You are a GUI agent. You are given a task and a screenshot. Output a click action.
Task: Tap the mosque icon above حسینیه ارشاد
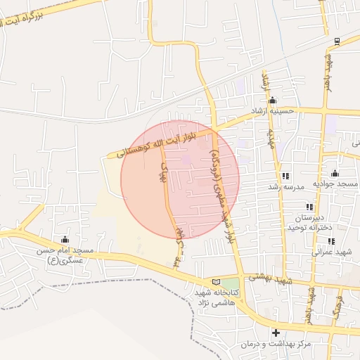(273, 100)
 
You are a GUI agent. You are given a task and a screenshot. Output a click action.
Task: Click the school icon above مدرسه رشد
(285, 176)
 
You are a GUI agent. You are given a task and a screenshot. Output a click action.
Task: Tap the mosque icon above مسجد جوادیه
(335, 174)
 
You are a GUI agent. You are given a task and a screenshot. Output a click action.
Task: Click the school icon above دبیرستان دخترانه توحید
(308, 207)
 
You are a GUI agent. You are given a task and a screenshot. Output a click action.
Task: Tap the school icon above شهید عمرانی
(330, 241)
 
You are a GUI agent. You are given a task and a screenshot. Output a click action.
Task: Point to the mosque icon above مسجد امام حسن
(65, 240)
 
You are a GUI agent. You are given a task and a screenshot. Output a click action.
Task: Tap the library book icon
(216, 281)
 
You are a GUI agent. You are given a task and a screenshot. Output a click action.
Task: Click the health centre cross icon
(276, 333)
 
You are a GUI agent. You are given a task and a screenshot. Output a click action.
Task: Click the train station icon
(338, 41)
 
